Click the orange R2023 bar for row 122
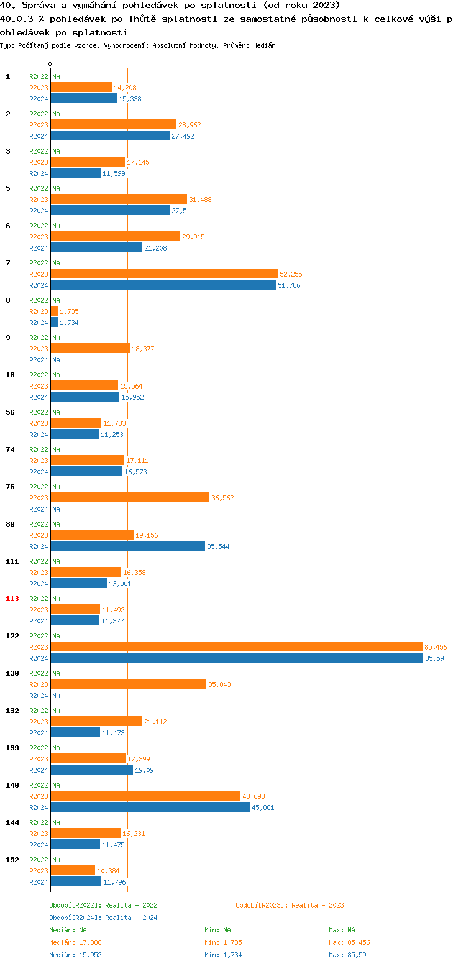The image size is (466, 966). (x=236, y=646)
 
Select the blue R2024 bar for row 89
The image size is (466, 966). (x=127, y=546)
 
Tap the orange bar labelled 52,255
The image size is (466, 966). (x=164, y=274)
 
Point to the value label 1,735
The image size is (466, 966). (x=69, y=311)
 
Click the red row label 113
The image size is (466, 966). (x=12, y=599)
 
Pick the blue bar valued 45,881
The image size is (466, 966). (x=150, y=807)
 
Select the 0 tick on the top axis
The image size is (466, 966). (x=50, y=64)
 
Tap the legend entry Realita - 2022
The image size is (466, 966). (x=103, y=905)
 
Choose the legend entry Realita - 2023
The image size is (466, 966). (x=290, y=905)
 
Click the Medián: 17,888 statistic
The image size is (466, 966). (x=75, y=942)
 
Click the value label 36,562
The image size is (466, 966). (x=222, y=498)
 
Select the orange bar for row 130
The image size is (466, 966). (x=128, y=684)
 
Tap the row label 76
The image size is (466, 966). (x=10, y=487)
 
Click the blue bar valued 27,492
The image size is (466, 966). (x=110, y=136)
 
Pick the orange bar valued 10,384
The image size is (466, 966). (x=73, y=870)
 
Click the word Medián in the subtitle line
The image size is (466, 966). (x=265, y=45)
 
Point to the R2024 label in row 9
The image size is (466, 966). (x=39, y=360)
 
